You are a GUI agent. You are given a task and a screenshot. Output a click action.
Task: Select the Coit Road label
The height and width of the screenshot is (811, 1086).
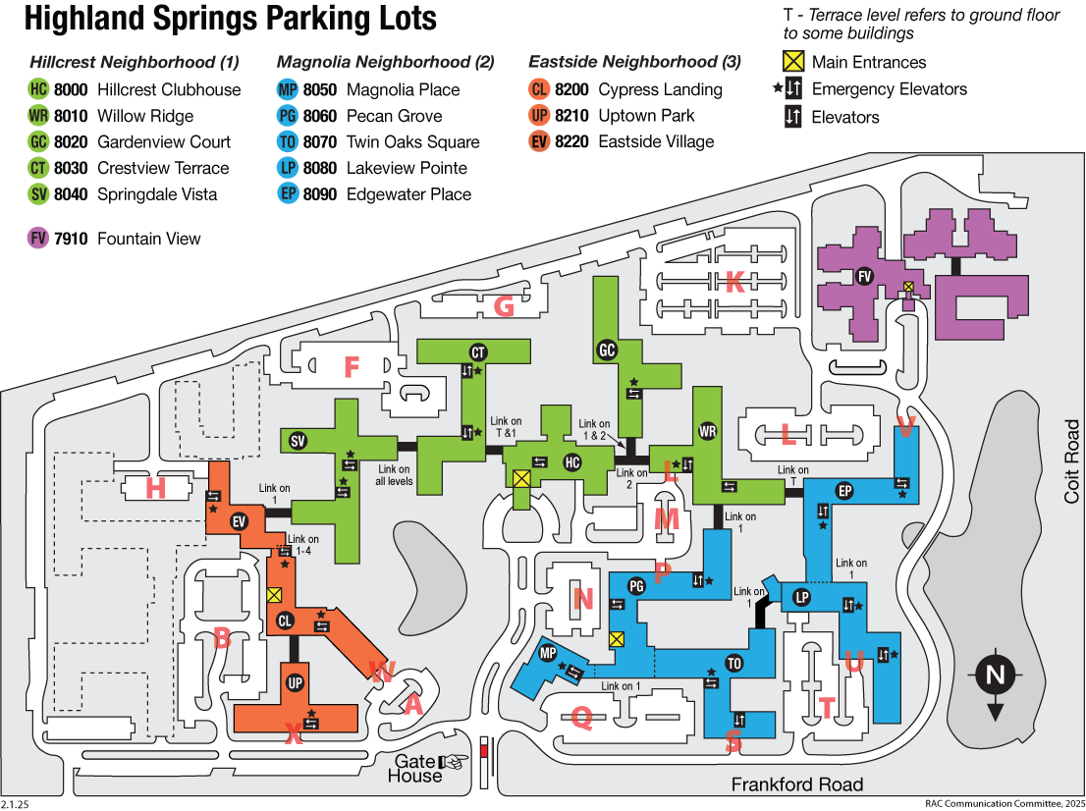pos(1072,462)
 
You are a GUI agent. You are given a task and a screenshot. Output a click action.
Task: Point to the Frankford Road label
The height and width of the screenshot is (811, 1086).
pos(797,784)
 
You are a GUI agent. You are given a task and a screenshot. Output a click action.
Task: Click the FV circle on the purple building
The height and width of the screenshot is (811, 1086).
pos(865,276)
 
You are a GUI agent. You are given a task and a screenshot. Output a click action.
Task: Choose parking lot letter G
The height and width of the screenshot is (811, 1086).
pos(504,307)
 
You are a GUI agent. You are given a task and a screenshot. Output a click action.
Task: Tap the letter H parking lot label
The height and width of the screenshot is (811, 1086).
pos(155,488)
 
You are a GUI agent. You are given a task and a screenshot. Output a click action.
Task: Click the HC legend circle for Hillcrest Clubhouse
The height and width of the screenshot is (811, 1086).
pos(39,89)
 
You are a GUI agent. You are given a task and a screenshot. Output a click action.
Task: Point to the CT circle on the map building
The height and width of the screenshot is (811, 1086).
pos(478,352)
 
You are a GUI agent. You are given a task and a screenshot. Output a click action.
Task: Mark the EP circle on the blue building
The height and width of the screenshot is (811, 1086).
pos(843,490)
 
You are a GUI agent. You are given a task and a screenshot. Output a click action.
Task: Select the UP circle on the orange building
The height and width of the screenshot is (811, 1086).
pos(294,683)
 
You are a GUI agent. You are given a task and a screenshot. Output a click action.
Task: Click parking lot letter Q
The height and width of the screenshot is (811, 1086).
pos(581,719)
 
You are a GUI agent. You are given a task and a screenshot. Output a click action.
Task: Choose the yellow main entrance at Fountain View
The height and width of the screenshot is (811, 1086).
pos(908,287)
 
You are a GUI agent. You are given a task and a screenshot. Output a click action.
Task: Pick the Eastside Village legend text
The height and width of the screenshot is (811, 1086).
pos(656,141)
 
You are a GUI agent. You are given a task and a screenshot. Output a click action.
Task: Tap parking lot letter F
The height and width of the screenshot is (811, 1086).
pos(351,367)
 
